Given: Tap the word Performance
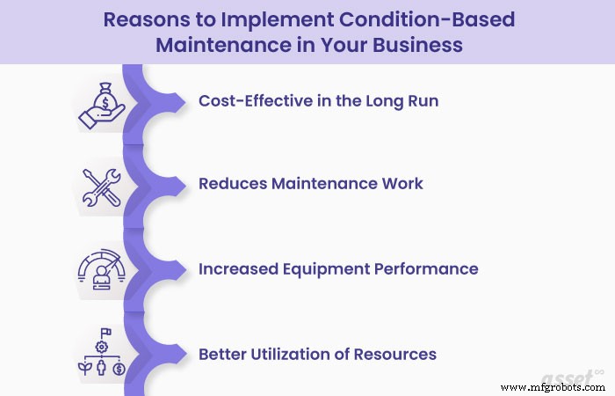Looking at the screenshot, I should click(x=424, y=268).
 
